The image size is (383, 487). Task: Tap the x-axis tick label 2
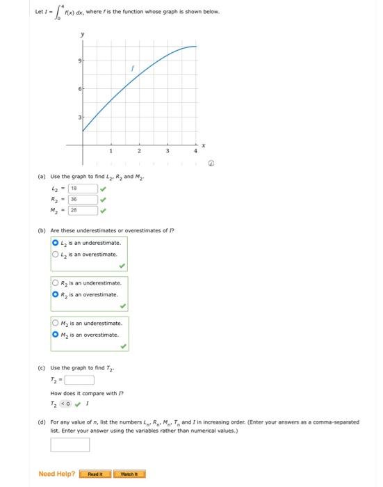pyautogui.click(x=138, y=151)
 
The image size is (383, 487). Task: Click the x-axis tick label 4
pyautogui.click(x=195, y=151)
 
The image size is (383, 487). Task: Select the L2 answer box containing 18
pyautogui.click(x=81, y=188)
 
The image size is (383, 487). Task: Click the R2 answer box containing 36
pyautogui.click(x=81, y=199)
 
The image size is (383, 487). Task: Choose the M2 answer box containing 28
pyautogui.click(x=81, y=210)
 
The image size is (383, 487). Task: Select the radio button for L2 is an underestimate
pyautogui.click(x=56, y=243)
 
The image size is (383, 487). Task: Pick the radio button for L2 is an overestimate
pyautogui.click(x=56, y=254)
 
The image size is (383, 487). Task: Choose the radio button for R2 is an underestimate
pyautogui.click(x=56, y=283)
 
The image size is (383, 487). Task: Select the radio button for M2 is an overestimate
pyautogui.click(x=56, y=335)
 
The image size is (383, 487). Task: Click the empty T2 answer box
pyautogui.click(x=79, y=380)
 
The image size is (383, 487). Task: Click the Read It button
pyautogui.click(x=95, y=474)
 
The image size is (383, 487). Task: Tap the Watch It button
pyautogui.click(x=129, y=474)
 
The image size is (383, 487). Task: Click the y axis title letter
pyautogui.click(x=82, y=34)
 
